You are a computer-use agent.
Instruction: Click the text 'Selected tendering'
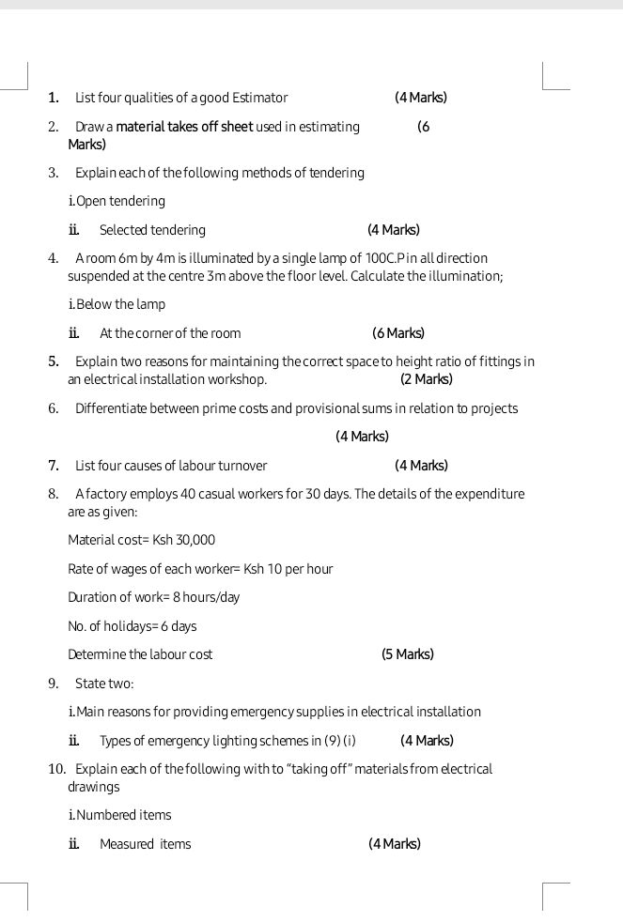tap(152, 230)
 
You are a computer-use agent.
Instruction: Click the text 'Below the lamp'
tap(120, 304)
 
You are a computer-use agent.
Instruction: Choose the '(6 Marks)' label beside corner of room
tap(398, 333)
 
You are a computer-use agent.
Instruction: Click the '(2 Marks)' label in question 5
tap(426, 379)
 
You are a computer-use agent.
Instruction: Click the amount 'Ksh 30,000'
tap(184, 540)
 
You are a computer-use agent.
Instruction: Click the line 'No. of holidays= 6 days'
tap(132, 626)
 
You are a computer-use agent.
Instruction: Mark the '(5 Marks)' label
tap(408, 654)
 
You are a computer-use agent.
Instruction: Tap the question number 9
tap(54, 683)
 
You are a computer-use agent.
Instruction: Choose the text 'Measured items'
tap(145, 844)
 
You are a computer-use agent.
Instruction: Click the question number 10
tap(56, 769)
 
